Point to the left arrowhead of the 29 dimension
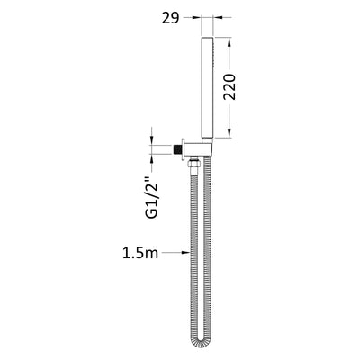(204, 16)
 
